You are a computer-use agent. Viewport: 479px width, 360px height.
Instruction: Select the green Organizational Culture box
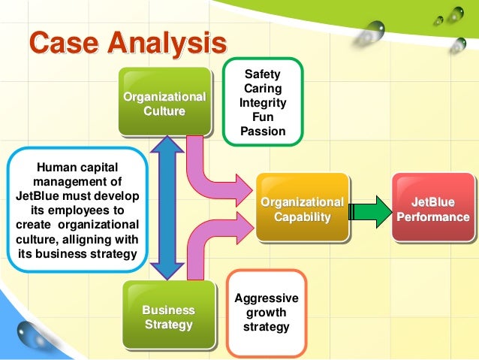(164, 104)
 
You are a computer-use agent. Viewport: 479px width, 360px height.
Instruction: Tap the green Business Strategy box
(168, 316)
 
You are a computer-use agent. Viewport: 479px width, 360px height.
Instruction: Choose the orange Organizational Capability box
(302, 209)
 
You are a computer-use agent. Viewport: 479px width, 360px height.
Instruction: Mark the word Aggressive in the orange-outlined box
(267, 298)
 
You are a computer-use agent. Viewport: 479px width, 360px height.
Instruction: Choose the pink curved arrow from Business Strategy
(218, 241)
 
